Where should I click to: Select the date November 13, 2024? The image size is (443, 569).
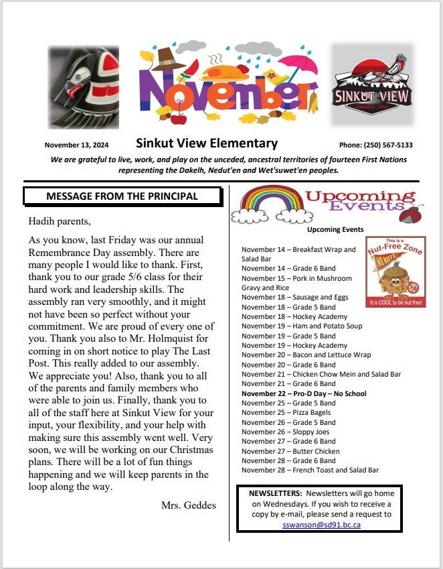[76, 145]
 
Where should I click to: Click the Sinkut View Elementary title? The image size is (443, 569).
[206, 143]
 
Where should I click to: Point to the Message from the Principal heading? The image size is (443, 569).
[122, 196]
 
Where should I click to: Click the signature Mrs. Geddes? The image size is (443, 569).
[188, 505]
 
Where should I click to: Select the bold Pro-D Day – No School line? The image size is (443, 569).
[304, 393]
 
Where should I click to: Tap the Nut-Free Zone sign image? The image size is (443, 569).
[395, 271]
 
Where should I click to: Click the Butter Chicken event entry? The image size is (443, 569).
[290, 451]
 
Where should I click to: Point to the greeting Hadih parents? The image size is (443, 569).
[59, 220]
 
